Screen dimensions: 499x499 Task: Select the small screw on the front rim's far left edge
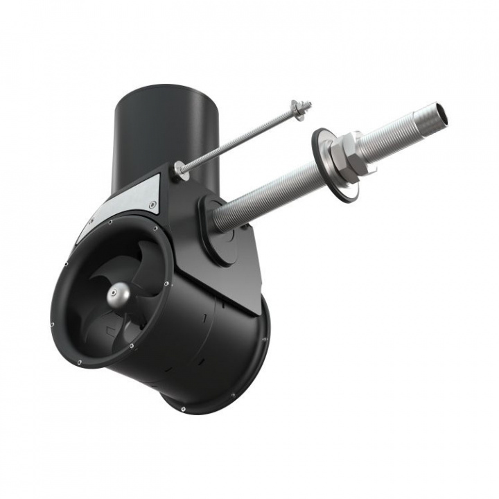pos(53,324)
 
